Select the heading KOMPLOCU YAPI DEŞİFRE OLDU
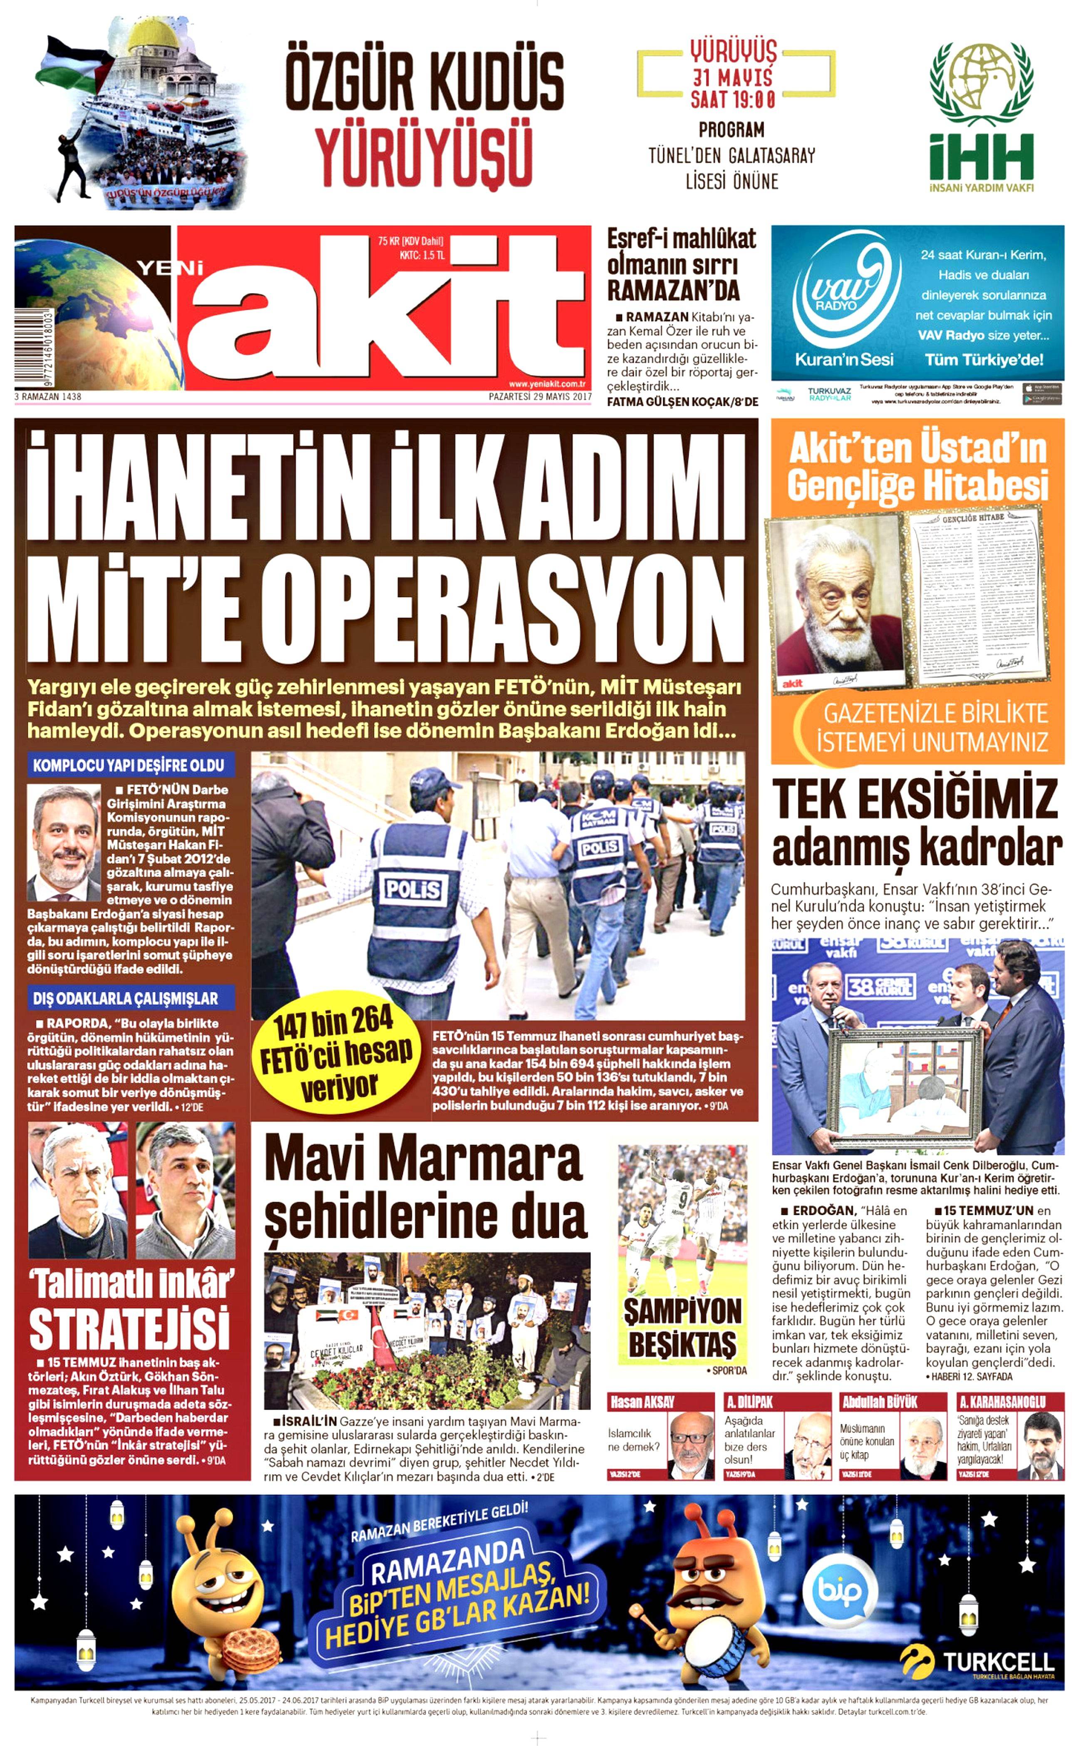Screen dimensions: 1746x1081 tap(129, 765)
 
